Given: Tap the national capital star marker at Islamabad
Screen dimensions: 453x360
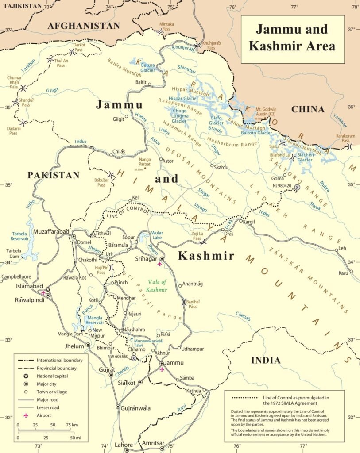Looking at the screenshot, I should click(x=47, y=289).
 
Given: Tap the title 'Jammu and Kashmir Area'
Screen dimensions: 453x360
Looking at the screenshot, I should click(x=292, y=37).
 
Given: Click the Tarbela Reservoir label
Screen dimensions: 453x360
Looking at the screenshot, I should click(x=23, y=236).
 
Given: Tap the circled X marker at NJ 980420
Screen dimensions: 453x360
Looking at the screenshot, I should click(x=297, y=188).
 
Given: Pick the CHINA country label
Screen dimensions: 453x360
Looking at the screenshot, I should click(x=308, y=109).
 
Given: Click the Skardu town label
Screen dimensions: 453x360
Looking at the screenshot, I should click(x=221, y=168).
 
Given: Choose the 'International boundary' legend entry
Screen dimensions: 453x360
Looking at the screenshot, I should click(x=59, y=360).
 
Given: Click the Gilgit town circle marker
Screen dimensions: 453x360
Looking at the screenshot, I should click(x=127, y=117).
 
